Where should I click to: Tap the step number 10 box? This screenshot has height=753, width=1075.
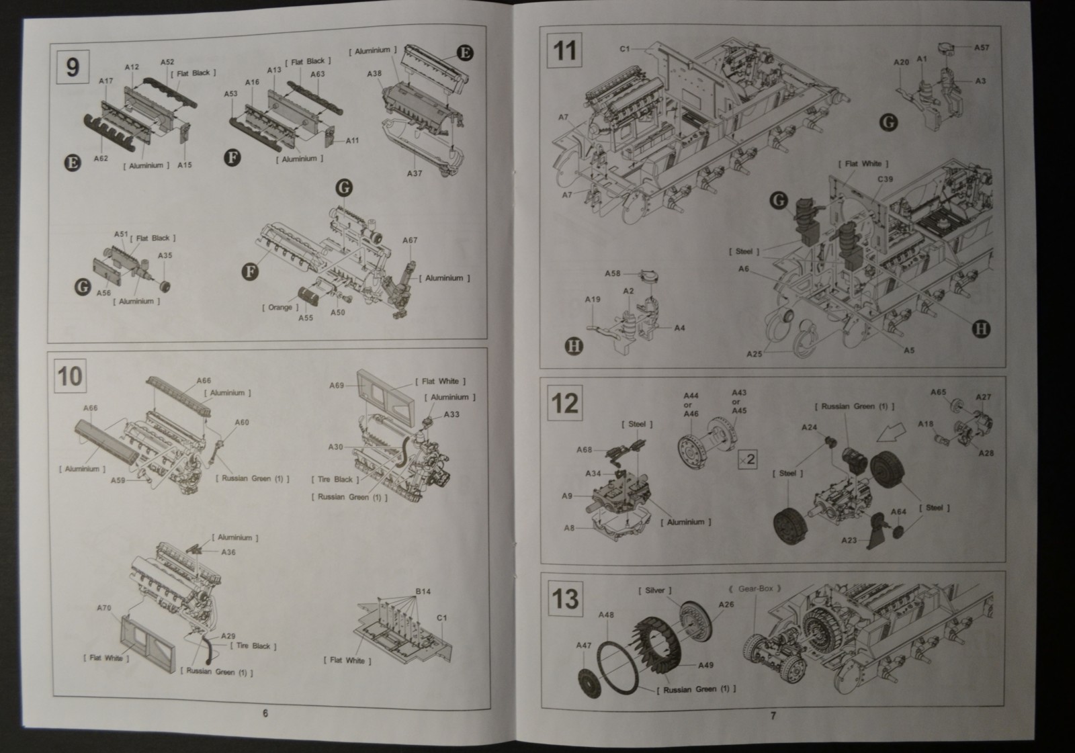[71, 376]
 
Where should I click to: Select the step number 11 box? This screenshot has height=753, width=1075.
[564, 50]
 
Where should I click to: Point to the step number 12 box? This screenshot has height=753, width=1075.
[564, 403]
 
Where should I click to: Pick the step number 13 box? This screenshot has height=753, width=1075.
[564, 597]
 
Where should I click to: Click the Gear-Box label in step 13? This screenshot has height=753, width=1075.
[755, 588]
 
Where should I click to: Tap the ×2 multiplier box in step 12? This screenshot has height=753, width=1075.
[746, 459]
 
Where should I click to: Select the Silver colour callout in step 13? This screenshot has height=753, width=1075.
[654, 590]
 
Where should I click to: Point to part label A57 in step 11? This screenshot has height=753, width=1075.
[982, 48]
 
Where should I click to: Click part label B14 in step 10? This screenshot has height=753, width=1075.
[423, 592]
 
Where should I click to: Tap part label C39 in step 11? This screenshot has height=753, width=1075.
[885, 179]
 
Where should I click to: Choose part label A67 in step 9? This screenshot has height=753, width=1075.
[410, 240]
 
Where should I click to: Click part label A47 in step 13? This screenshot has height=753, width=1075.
[583, 646]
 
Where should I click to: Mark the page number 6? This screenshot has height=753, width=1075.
[265, 713]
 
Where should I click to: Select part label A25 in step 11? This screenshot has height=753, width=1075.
[755, 354]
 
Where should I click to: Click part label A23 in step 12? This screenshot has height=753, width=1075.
[849, 540]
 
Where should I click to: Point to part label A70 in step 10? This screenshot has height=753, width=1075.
[103, 608]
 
